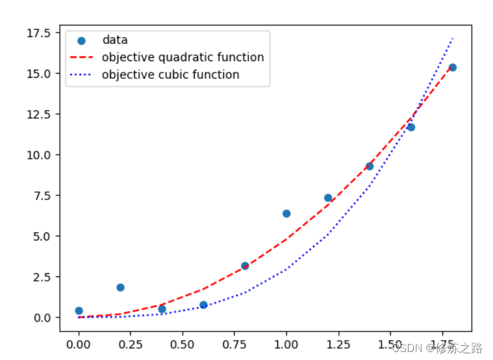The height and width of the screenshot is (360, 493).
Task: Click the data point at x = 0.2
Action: click(x=120, y=288)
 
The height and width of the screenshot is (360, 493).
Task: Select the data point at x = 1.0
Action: click(x=286, y=214)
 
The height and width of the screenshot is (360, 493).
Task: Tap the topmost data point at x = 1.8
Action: click(x=452, y=68)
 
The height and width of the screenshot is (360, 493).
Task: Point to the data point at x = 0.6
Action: click(x=203, y=305)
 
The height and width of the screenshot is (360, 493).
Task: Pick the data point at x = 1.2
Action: click(x=328, y=198)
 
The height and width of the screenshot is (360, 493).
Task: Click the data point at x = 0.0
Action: click(x=79, y=311)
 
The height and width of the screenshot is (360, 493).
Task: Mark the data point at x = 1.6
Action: click(x=411, y=128)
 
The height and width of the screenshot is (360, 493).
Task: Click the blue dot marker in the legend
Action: click(x=82, y=41)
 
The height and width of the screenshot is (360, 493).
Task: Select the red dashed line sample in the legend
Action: click(x=82, y=58)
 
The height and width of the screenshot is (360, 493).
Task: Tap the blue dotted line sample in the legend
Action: click(x=80, y=75)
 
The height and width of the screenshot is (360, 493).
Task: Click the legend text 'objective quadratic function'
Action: click(x=183, y=58)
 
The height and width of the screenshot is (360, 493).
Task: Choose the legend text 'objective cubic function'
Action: click(x=171, y=75)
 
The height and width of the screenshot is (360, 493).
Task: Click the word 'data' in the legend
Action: click(x=115, y=41)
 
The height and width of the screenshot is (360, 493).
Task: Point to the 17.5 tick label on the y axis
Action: click(x=39, y=33)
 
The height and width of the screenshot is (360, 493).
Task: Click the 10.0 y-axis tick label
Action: click(x=39, y=155)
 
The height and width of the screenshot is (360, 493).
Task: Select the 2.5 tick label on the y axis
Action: click(x=42, y=278)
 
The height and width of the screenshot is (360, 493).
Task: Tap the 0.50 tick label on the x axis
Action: click(x=182, y=345)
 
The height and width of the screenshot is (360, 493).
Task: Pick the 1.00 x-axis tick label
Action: click(x=286, y=345)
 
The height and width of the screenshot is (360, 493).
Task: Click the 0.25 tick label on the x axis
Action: click(x=130, y=345)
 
